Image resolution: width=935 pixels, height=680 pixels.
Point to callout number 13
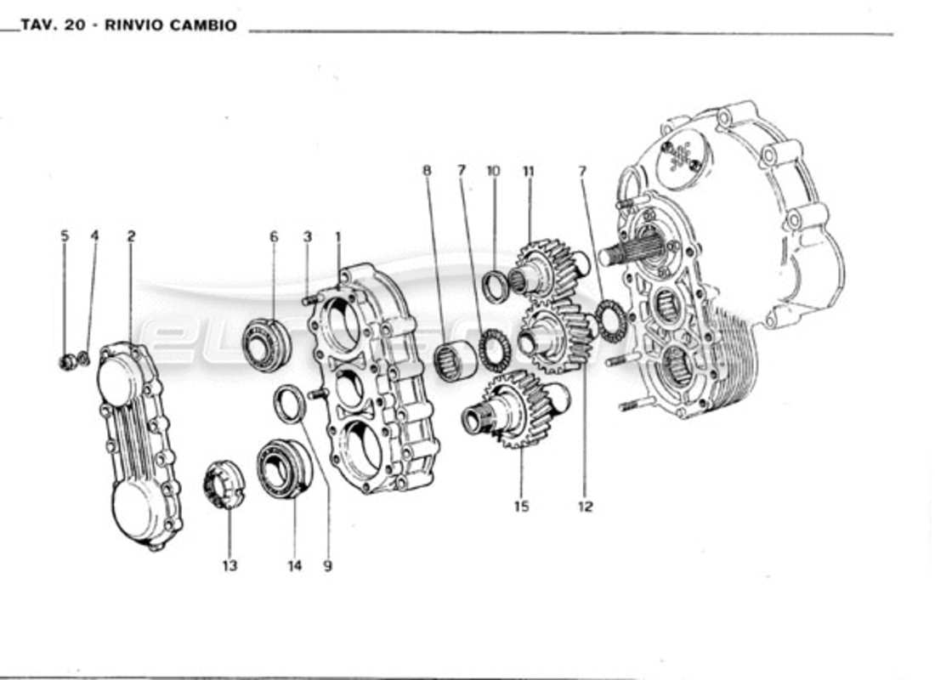pos(230,565)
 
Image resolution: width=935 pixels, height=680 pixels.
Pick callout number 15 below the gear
pos(521,507)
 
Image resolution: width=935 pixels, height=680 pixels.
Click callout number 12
pos(585,507)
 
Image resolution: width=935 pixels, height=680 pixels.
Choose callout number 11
pos(529,171)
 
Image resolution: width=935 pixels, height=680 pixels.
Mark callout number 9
pos(327,565)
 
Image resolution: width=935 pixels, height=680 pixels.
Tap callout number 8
pos(427,171)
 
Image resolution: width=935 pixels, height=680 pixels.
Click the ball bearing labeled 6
pos(268,343)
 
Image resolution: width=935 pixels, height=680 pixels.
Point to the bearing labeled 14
pos(284,468)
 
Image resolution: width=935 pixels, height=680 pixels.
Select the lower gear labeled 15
pos(510,409)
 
